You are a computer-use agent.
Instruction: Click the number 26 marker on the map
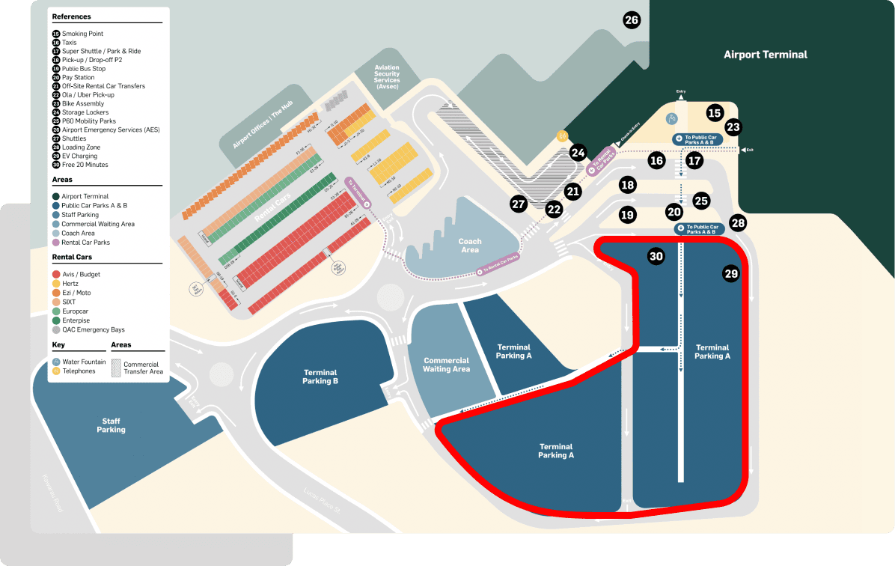[632, 20]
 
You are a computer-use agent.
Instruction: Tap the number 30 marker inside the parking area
[656, 256]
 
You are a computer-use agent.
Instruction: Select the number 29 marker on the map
[731, 274]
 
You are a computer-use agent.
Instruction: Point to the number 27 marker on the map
[519, 204]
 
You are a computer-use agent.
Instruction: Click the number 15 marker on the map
[714, 113]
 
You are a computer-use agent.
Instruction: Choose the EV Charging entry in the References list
[79, 156]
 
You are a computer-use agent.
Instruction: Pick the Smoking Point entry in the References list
[82, 34]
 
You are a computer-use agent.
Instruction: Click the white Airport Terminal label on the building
[766, 55]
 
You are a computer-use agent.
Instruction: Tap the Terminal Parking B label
[320, 377]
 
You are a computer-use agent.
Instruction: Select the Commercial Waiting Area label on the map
[446, 365]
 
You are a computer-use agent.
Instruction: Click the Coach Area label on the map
[470, 246]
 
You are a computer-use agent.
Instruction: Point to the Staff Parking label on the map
[111, 425]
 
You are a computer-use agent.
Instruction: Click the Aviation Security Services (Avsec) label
[388, 79]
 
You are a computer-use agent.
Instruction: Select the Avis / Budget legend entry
[81, 274]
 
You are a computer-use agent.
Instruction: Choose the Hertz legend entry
[72, 284]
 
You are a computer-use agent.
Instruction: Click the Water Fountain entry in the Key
[83, 362]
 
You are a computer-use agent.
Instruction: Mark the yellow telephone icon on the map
[561, 136]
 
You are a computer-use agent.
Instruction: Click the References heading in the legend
[72, 16]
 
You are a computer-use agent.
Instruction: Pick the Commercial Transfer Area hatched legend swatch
[116, 367]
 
